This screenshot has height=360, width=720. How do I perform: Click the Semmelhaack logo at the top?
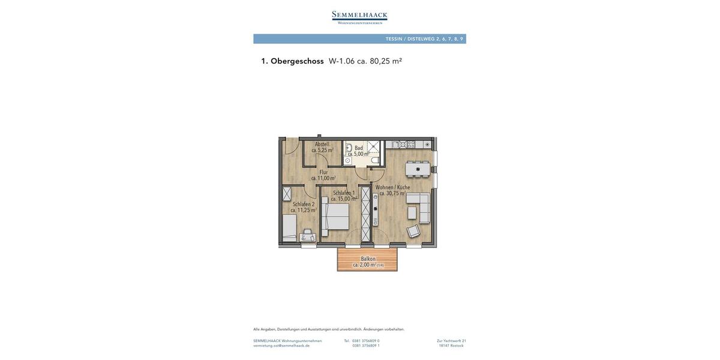(359, 17)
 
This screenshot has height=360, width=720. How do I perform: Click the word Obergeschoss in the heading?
(297, 61)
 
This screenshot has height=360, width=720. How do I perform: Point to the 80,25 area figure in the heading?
(380, 61)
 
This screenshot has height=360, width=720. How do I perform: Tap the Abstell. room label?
(322, 144)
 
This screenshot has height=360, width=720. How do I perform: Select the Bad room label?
(359, 148)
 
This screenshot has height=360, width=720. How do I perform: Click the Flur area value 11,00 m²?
(323, 178)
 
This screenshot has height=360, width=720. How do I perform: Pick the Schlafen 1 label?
(344, 193)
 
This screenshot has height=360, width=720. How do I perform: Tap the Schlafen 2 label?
(304, 204)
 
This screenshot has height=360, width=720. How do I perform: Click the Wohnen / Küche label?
(393, 187)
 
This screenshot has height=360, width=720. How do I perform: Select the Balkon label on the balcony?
(368, 259)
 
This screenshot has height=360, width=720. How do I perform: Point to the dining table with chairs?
(418, 169)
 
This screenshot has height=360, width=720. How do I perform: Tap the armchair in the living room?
(413, 231)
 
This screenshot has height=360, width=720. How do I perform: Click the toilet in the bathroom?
(375, 160)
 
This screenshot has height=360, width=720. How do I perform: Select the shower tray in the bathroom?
(373, 146)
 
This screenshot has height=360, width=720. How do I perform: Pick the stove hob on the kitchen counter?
(411, 144)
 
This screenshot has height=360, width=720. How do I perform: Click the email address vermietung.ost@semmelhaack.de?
(281, 346)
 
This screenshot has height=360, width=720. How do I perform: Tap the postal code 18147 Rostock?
(451, 346)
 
